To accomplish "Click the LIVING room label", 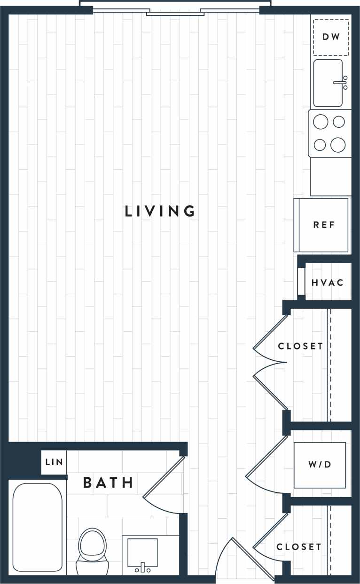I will pos(160,211).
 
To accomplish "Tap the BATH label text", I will pos(108,483).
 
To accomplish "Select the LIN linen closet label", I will pos(54,462).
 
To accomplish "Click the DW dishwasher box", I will pos(331,37).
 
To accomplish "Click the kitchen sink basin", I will pos(328,83).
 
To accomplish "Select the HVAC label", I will pos(328,283).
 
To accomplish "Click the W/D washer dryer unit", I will pos(320,465).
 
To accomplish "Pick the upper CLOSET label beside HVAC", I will pos(300,346).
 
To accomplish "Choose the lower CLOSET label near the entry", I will pos(299,547).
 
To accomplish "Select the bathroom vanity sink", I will pos(142,554).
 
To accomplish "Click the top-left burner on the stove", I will pos(321,122).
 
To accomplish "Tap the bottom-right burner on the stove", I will pos(338,145).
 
